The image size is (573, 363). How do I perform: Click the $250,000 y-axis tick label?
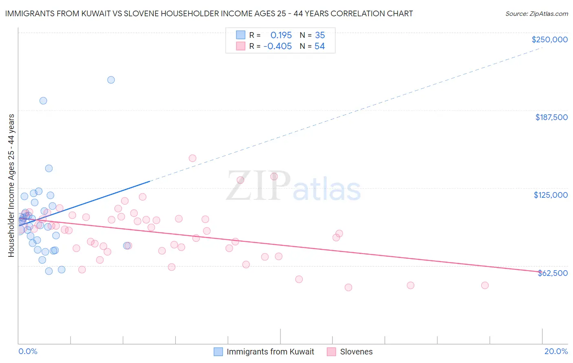coord(549,39)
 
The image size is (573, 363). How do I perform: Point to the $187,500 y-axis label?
coord(551,117)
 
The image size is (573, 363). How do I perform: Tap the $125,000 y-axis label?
coord(551,195)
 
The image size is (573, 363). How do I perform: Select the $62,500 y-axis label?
coord(552,273)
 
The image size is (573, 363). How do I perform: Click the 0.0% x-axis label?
coord(28,351)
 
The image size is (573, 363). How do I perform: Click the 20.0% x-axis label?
coord(556,351)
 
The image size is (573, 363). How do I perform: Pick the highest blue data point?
coord(111,80)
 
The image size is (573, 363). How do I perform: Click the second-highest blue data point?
coord(43,101)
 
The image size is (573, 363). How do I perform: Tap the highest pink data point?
coord(192,158)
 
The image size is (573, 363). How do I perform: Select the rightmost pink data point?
coord(485,285)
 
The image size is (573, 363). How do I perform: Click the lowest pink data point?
coord(348,287)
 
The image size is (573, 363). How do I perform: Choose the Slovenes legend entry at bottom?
coord(356,352)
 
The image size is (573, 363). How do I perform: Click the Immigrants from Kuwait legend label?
coord(270,352)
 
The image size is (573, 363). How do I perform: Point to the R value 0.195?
coord(281,35)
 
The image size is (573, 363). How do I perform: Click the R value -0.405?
coord(278,46)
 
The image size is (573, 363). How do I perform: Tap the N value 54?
coord(320,46)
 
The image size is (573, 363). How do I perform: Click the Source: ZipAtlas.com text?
coord(536,14)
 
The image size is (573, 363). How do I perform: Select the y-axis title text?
coord(11,185)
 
